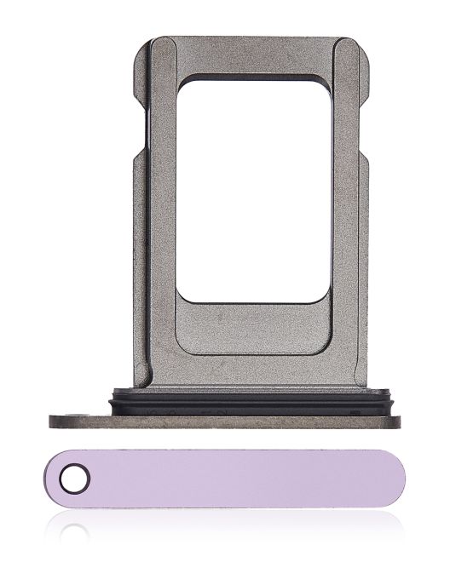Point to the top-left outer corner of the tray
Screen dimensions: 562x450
click(x=139, y=43)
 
